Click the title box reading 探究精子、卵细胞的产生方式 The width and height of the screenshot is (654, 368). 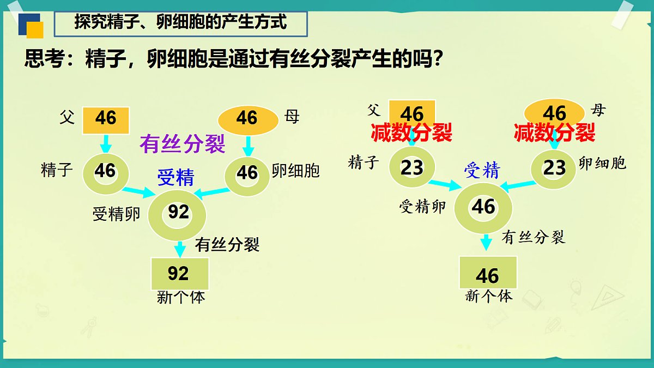181,23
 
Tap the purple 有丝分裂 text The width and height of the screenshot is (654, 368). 182,144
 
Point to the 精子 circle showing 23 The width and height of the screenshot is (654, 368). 412,167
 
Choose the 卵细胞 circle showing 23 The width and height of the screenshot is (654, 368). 554,167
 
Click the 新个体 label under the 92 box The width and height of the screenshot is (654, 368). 181,298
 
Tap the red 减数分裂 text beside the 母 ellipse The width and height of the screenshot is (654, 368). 554,132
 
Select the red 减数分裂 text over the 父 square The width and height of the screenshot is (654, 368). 411,132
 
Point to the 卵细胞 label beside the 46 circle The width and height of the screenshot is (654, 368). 295,171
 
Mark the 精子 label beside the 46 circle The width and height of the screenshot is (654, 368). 57,170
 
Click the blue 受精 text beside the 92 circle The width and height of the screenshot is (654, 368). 175,178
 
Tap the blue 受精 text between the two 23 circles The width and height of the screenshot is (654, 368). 481,171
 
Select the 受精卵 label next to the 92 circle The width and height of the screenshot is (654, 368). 116,214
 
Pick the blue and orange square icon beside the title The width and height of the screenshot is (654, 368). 31,26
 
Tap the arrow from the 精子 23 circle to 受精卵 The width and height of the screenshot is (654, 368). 445,184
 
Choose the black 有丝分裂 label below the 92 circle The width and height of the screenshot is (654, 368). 227,244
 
